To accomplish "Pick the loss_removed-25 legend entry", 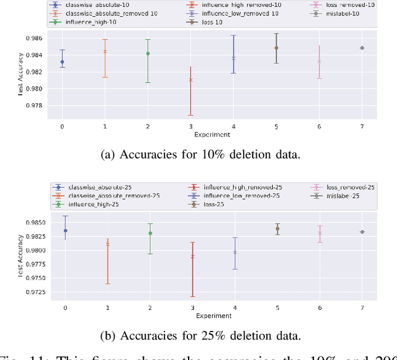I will pos(352,187).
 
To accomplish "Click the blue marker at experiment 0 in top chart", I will pos(62,62).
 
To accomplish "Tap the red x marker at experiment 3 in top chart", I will pos(190,80).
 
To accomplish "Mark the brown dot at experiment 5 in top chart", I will pos(277,48).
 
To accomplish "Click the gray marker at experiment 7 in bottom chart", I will pos(362,232).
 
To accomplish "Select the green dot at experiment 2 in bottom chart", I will pos(150,234).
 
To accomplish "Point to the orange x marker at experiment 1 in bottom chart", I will pos(107,244).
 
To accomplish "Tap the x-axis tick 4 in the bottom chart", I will pos(234,307).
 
